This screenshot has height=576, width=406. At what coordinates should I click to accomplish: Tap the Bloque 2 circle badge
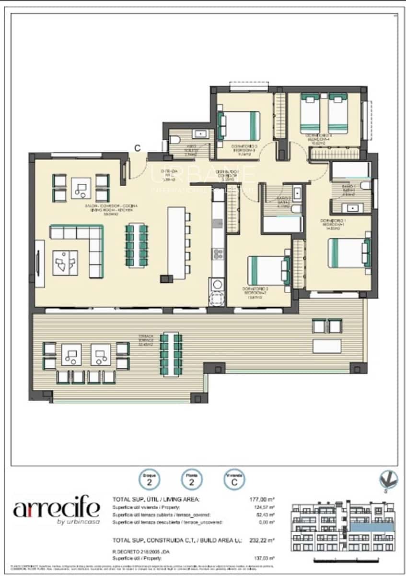tap(150, 479)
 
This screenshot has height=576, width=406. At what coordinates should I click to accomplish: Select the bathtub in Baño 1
tap(351, 171)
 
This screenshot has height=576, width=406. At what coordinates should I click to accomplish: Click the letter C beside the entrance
tap(137, 148)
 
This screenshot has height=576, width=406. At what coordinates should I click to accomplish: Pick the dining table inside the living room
tap(137, 245)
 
